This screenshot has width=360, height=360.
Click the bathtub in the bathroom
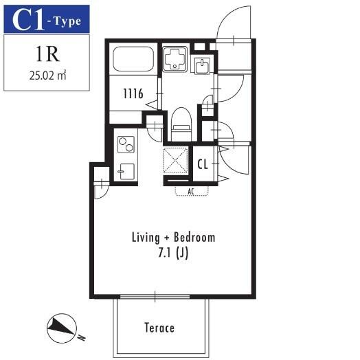(x=133, y=59)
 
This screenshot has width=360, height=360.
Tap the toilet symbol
(x=181, y=124)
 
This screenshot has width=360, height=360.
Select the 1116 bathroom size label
(x=133, y=93)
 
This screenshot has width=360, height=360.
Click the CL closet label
(x=203, y=164)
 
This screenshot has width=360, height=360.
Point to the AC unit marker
(x=191, y=191)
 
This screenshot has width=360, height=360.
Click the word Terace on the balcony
(x=159, y=328)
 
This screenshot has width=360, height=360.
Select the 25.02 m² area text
(x=48, y=76)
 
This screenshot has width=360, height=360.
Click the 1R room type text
(x=48, y=54)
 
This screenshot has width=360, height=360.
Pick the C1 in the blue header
(x=27, y=20)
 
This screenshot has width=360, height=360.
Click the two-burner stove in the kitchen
(x=126, y=144)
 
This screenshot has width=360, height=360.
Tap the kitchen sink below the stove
(x=126, y=172)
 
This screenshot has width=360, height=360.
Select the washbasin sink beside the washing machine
(x=202, y=65)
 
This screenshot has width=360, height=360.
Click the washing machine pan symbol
(x=175, y=58)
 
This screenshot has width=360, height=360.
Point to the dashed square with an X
(x=175, y=160)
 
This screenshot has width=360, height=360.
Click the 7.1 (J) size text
(x=173, y=253)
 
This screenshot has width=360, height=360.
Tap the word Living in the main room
(x=146, y=238)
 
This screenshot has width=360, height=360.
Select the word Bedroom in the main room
(x=194, y=237)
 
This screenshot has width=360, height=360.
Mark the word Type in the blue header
(x=67, y=21)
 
